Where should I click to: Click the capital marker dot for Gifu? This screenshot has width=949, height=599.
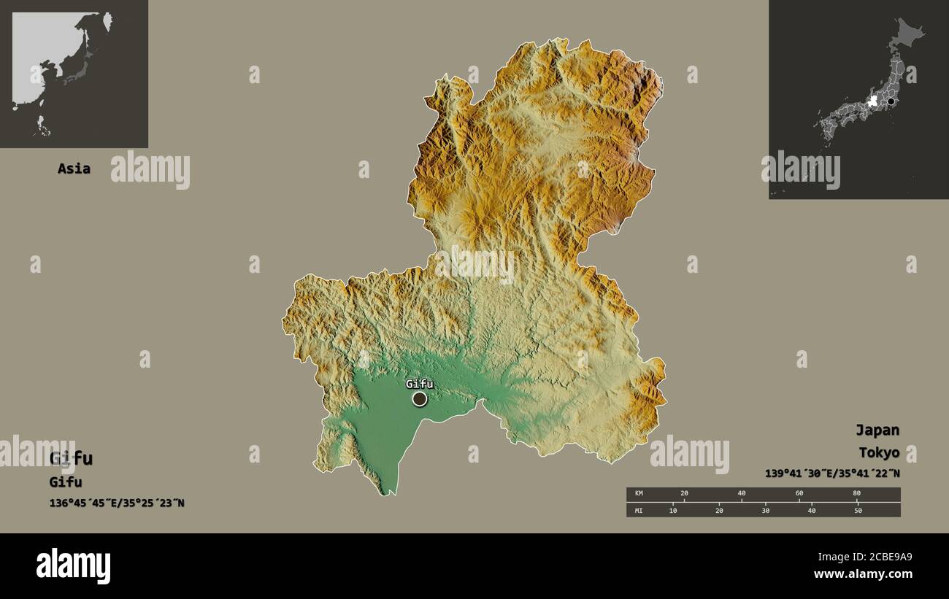click(420, 398)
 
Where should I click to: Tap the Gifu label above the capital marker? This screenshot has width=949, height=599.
click(420, 384)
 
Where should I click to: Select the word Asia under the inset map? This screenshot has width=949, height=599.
click(74, 169)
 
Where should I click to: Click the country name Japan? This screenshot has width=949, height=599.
click(877, 430)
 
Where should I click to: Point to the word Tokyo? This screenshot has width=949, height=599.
click(878, 452)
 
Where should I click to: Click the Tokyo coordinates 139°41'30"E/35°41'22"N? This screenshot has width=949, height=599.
click(832, 474)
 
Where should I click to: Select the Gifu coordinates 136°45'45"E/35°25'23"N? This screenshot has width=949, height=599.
click(117, 503)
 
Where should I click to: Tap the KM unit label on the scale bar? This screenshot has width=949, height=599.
click(639, 494)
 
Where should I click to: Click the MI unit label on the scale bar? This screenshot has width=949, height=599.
click(639, 510)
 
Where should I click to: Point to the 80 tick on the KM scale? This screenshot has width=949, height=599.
click(856, 494)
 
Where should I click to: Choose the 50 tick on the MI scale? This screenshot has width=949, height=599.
click(858, 510)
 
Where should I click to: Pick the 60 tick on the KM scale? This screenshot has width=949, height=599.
click(799, 494)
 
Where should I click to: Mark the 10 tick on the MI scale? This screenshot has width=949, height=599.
click(673, 510)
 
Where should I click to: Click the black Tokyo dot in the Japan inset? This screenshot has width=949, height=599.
click(891, 101)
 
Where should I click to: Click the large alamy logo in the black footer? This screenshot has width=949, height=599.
click(73, 566)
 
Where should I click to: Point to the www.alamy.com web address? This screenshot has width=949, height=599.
click(863, 574)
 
